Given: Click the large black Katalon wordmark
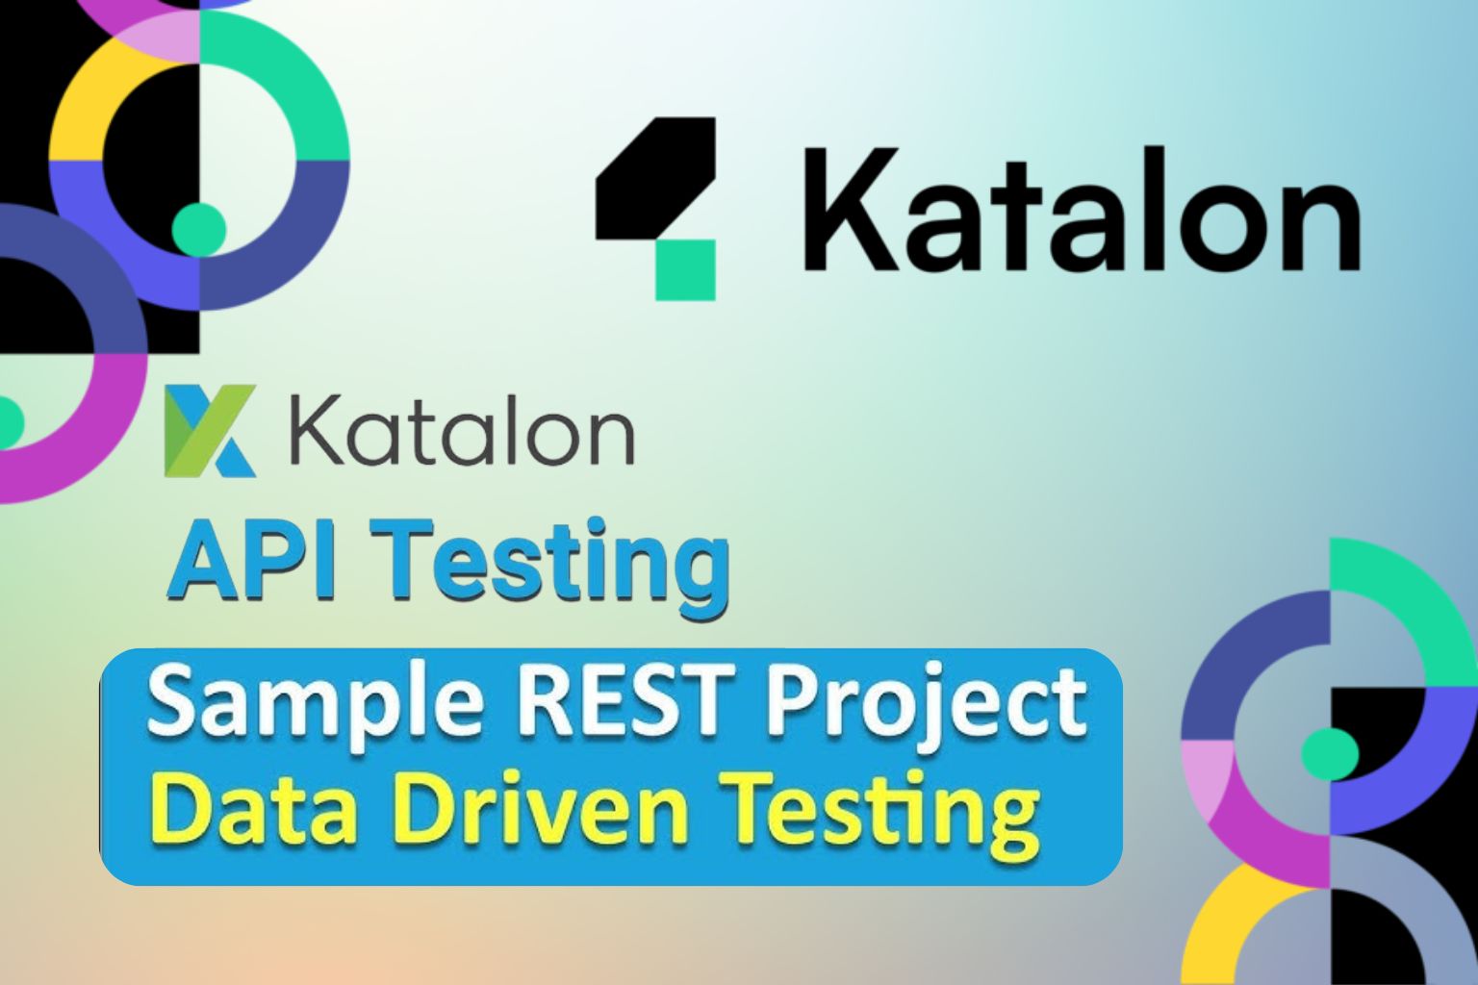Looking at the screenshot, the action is [1081, 209].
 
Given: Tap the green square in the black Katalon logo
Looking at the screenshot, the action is [685, 270].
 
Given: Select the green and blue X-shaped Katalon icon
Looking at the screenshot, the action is [210, 430].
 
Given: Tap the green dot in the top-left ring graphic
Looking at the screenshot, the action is [198, 230].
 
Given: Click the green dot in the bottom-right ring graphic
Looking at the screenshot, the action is [1330, 753].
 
